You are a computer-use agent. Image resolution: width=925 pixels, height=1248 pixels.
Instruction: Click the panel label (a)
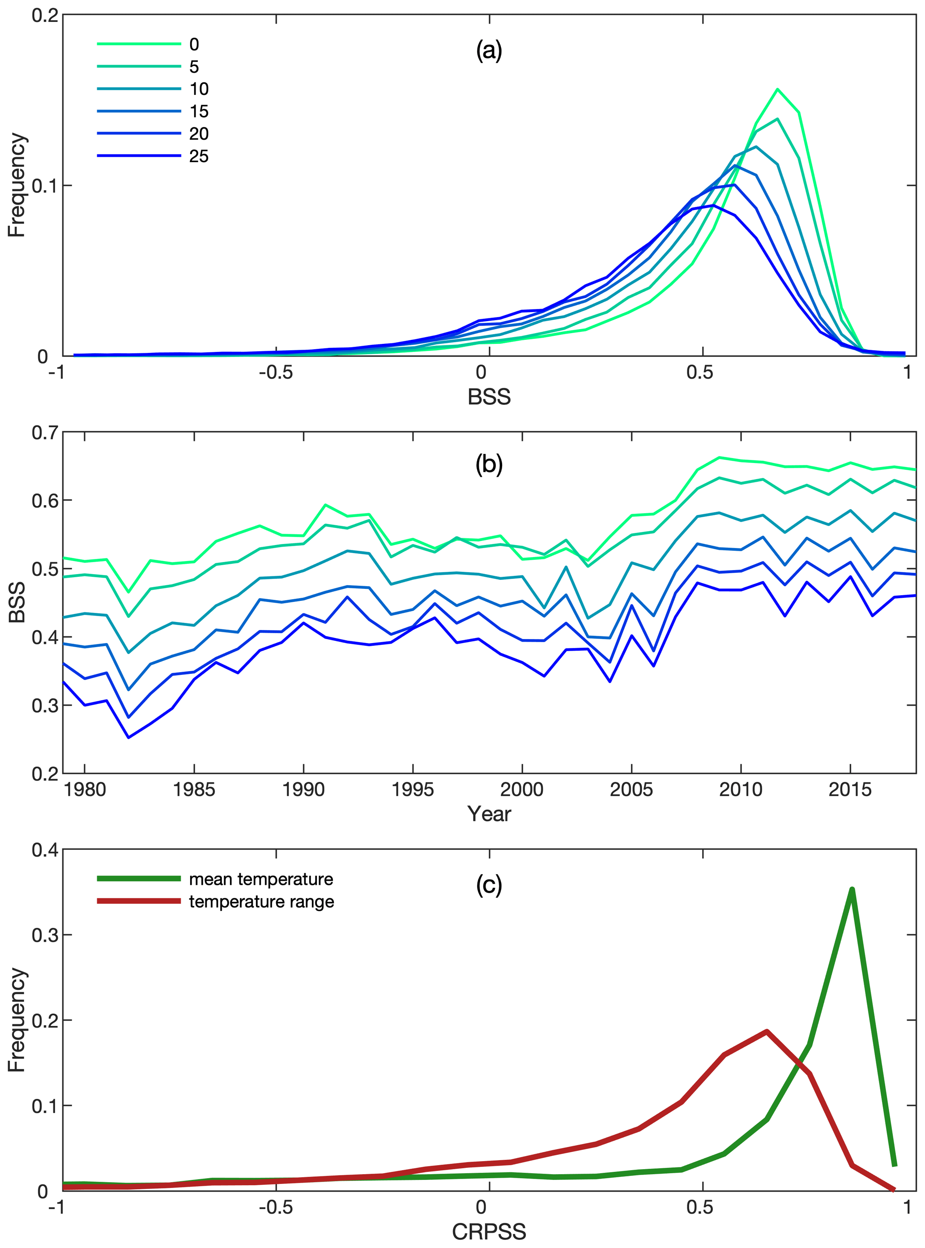coord(489,51)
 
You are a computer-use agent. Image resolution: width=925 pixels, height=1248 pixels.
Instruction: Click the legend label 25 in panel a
coord(199,156)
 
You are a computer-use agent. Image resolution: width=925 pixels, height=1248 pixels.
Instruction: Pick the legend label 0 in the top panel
coord(194,44)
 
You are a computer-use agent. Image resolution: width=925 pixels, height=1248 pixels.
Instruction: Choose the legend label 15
coord(199,112)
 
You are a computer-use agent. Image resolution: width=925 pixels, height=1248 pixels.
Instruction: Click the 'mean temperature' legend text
coord(261,879)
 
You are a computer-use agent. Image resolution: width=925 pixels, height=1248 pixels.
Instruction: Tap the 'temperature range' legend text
coord(261,901)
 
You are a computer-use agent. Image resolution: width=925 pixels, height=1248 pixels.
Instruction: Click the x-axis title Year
coord(489,814)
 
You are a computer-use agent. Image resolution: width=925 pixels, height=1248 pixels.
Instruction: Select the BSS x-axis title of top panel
coord(489,397)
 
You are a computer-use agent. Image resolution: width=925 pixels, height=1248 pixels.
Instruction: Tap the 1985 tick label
coord(194,789)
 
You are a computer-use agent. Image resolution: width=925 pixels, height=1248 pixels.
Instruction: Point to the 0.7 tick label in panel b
coord(45,433)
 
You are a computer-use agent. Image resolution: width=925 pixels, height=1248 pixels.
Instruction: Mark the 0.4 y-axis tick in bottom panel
coord(45,850)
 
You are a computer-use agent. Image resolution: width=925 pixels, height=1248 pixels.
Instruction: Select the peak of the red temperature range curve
coord(766,1031)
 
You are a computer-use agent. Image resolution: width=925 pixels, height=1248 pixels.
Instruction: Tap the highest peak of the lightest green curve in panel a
coord(778,89)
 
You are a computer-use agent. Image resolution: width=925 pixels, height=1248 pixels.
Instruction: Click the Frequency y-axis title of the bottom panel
coord(17,1020)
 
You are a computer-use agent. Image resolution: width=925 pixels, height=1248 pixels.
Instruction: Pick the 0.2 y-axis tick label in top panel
coord(45,15)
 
